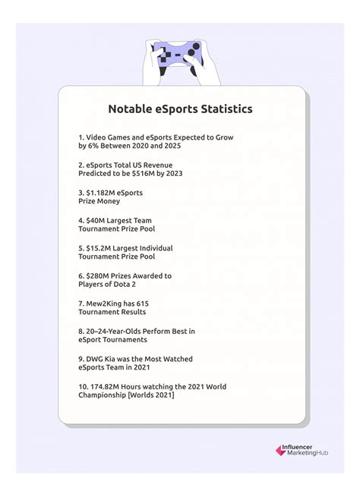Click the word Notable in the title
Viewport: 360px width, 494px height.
[131, 109]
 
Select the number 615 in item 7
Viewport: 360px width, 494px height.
[154, 304]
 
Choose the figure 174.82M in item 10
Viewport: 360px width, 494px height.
[110, 386]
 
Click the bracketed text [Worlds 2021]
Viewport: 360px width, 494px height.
[151, 395]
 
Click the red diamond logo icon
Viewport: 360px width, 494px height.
[280, 450]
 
